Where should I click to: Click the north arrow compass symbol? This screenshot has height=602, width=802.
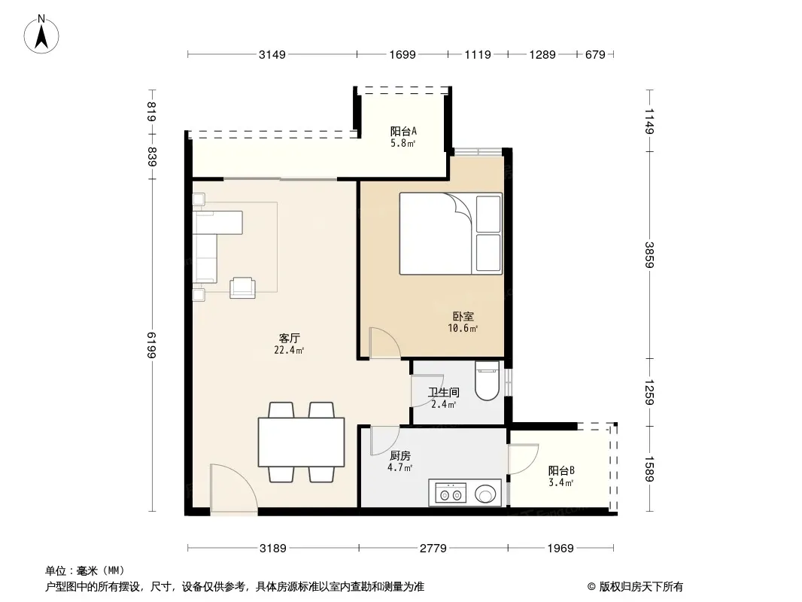[x=41, y=35]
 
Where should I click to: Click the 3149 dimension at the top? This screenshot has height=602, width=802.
[x=272, y=54]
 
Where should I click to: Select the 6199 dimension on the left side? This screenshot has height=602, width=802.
[x=152, y=345]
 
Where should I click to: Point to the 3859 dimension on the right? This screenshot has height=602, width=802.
[x=649, y=254]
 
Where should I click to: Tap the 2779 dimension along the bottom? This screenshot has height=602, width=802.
[x=433, y=549]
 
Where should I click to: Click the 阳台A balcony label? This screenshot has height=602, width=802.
[x=403, y=131]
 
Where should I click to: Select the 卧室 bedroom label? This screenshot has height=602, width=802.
[x=463, y=317]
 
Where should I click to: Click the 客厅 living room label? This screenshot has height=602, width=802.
[x=289, y=338]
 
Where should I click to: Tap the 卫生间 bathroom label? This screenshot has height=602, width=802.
[x=443, y=392]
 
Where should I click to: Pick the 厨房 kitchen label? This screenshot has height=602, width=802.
[x=400, y=456]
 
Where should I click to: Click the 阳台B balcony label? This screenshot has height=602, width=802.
[x=561, y=470]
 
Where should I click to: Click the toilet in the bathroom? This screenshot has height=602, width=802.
[x=487, y=381]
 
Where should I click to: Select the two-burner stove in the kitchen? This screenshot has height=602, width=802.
[x=451, y=494]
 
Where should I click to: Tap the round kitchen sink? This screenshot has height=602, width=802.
[x=485, y=494]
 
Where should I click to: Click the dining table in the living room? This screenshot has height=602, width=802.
[x=301, y=442]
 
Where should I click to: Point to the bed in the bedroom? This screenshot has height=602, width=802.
[x=451, y=234]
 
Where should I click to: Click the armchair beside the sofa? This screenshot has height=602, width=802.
[x=242, y=287]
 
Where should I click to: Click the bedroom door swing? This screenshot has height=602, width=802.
[x=384, y=342]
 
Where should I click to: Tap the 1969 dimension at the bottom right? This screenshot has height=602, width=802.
[x=560, y=549]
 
